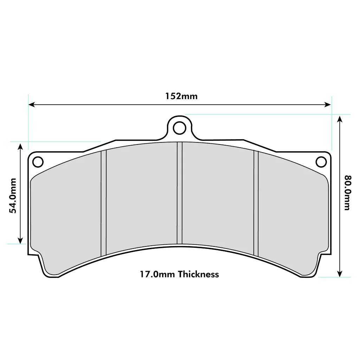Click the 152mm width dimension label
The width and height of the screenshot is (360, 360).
(x=181, y=96)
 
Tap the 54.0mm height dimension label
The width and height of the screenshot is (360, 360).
(x=13, y=195)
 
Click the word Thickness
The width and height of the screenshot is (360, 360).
(x=198, y=274)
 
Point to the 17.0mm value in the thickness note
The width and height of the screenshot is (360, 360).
(x=157, y=274)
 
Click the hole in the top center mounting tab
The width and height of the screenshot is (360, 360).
(x=180, y=128)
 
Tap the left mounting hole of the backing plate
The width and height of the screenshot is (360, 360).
(x=38, y=162)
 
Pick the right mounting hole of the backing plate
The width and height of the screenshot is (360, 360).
(x=321, y=162)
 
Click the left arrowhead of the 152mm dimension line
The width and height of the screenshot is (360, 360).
(x=31, y=105)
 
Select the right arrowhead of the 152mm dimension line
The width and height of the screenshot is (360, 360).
(x=328, y=105)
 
